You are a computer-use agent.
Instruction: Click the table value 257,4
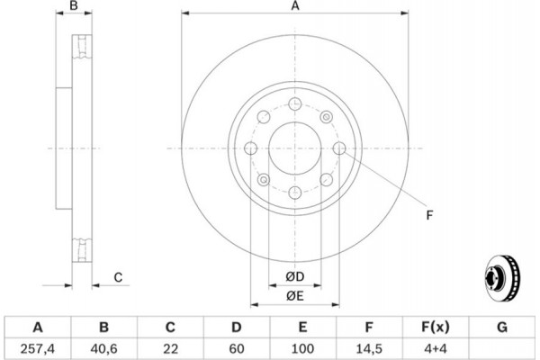tap(38, 349)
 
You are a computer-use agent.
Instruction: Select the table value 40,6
tap(103, 349)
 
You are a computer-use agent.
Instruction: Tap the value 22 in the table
tap(170, 349)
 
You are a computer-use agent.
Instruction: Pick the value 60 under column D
tap(236, 349)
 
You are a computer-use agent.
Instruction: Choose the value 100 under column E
tap(302, 349)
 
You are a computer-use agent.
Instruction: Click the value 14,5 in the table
tap(369, 349)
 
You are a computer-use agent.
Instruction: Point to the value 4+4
tap(436, 349)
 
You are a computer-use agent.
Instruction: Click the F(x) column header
tap(436, 327)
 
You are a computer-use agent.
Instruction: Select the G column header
tap(502, 327)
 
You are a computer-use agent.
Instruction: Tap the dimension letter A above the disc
tap(295, 6)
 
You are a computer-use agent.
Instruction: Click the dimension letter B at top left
tap(74, 5)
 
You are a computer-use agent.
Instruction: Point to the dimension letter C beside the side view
tap(118, 277)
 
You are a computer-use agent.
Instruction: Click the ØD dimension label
tap(295, 276)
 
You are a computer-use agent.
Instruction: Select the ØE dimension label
tap(295, 296)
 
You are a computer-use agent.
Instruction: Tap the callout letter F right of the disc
tap(429, 215)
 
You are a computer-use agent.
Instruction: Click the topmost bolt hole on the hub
tap(295, 103)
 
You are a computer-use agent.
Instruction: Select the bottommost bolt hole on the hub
tap(295, 193)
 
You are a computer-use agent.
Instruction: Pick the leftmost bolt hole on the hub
tap(251, 148)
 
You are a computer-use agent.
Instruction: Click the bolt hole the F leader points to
tap(339, 148)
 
